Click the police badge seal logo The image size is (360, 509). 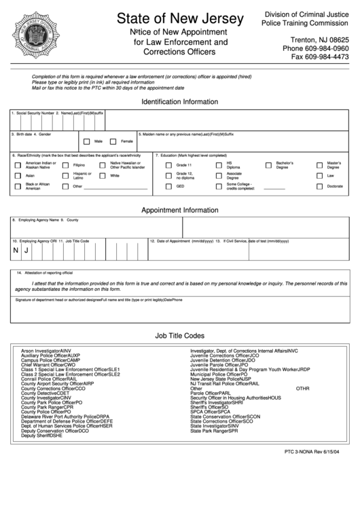(36, 35)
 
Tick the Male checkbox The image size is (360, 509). (86, 141)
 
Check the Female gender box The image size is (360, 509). (113, 141)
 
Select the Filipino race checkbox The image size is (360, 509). (65, 165)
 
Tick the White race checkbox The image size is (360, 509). (102, 176)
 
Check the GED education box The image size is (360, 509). (168, 186)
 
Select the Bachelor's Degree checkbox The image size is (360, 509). (268, 165)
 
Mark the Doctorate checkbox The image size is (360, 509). (319, 186)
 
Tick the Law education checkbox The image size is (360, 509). (319, 176)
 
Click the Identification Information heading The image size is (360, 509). (179, 101)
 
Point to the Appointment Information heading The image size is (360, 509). (179, 211)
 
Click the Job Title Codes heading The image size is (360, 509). (179, 336)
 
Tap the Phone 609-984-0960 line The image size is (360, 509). (315, 48)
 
